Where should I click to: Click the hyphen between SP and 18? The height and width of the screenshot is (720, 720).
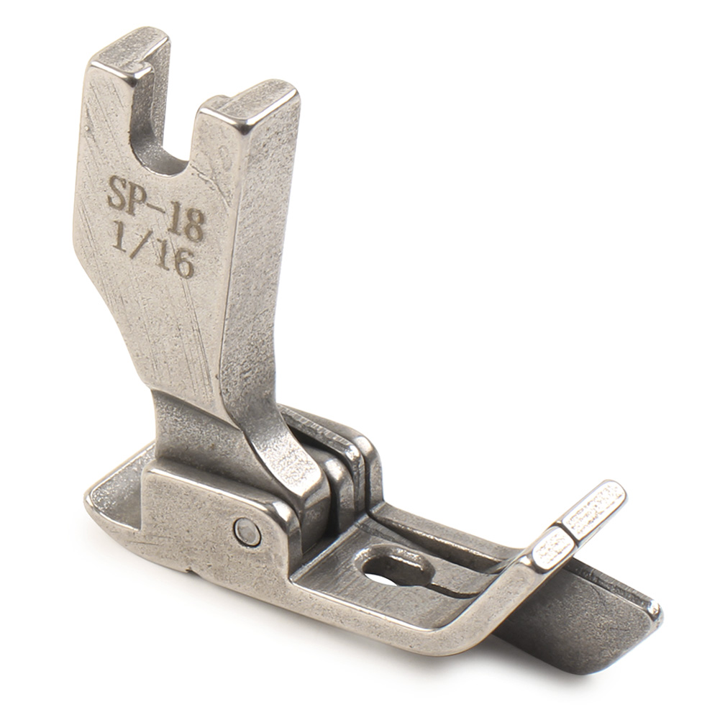click(160, 206)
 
